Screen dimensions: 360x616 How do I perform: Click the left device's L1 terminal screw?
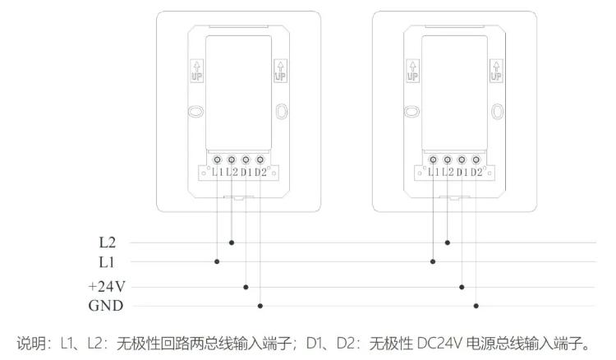point(218,159)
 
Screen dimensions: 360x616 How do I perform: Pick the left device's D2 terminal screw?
point(260,159)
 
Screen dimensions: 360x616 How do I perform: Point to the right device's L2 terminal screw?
point(448,159)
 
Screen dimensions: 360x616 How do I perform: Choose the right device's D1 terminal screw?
point(462,159)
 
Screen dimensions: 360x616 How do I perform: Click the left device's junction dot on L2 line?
point(232,243)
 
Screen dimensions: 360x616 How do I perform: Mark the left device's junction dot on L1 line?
point(218,261)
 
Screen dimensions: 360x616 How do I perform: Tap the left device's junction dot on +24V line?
point(246,287)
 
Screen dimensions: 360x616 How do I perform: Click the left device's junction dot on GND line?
point(260,306)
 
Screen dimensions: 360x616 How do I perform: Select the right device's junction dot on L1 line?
point(433,261)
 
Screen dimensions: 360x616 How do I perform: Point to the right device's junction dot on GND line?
point(476,306)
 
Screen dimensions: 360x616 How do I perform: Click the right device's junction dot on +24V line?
point(462,287)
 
